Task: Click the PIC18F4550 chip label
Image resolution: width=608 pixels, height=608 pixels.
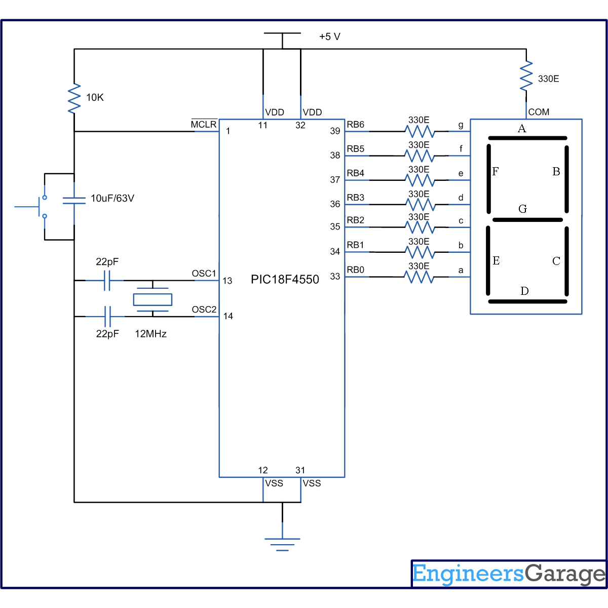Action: click(285, 280)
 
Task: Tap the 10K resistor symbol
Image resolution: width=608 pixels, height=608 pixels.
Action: click(74, 98)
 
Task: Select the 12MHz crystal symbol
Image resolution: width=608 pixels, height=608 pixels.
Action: click(153, 299)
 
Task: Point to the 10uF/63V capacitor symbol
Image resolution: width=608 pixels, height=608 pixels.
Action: click(74, 200)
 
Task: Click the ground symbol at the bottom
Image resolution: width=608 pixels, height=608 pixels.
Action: click(282, 544)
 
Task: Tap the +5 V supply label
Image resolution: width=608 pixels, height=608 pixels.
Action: click(330, 36)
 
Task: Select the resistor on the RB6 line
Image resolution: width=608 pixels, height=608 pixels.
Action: click(420, 131)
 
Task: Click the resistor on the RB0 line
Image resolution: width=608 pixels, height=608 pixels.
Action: click(419, 277)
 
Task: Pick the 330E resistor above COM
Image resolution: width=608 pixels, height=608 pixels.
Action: click(526, 76)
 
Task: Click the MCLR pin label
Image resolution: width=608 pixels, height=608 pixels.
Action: click(204, 125)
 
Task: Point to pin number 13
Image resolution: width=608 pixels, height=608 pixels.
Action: click(227, 281)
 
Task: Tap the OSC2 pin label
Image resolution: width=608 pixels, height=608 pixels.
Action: click(204, 310)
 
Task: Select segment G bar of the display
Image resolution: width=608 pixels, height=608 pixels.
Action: click(527, 220)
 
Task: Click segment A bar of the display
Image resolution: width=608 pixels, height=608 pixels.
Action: click(527, 138)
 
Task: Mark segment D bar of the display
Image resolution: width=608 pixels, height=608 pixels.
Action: click(527, 301)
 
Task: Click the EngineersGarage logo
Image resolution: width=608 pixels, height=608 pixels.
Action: click(509, 574)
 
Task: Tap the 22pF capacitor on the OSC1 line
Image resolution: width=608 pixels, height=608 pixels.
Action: click(107, 280)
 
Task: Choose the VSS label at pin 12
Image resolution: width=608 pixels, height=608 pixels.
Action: click(274, 483)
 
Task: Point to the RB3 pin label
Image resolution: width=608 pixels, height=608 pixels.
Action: click(355, 198)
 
